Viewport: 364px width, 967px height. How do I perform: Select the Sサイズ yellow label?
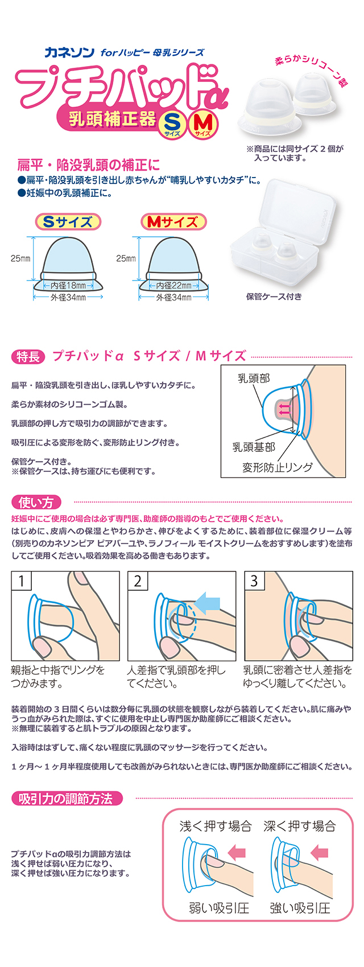(68, 222)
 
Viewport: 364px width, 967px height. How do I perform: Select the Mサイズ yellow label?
(173, 222)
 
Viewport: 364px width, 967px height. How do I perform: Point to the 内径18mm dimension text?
(68, 285)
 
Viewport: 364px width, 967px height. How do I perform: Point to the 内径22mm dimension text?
(173, 285)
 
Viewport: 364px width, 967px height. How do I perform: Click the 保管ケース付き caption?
(274, 296)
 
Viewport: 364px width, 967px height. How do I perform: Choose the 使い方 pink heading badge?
(35, 502)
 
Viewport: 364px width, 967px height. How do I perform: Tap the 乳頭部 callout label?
(254, 378)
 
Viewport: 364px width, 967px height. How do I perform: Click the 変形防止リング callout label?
(278, 467)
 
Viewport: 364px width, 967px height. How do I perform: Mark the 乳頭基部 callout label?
(254, 447)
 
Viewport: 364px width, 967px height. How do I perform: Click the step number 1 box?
(22, 581)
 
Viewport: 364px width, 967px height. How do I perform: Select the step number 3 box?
(254, 581)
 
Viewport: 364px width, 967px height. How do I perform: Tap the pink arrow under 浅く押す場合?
(236, 852)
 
